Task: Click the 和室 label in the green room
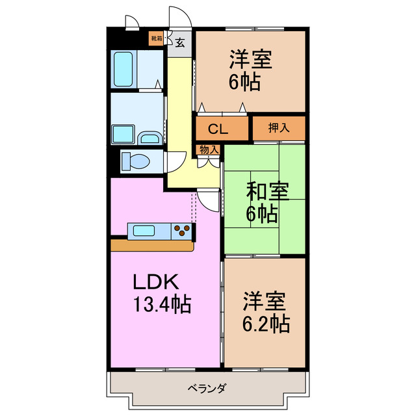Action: (267, 192)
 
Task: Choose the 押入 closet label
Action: (279, 128)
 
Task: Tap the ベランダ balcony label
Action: (207, 389)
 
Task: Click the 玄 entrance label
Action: (180, 43)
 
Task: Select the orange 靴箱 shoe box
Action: (157, 38)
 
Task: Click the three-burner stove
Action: (183, 231)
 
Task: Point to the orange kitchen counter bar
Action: (152, 246)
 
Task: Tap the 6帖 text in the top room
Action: (244, 82)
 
